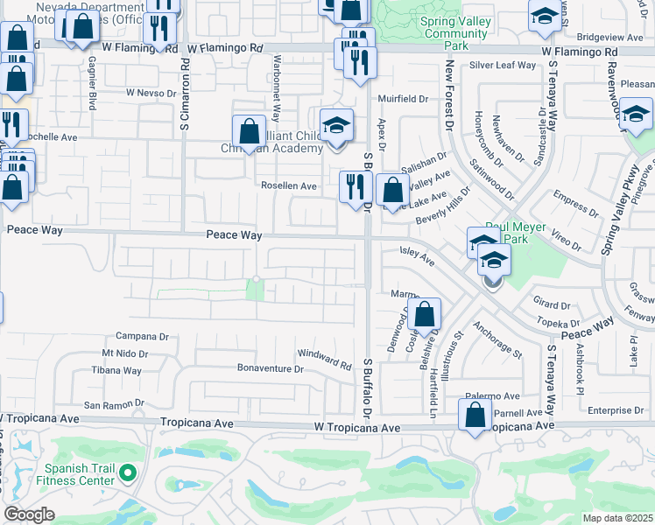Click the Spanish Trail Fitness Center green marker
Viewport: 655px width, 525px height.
[128, 473]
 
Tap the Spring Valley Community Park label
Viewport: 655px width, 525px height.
[454, 34]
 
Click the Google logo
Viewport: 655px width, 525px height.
[28, 514]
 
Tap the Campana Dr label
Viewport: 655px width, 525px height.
[142, 336]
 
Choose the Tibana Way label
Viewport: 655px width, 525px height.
[116, 370]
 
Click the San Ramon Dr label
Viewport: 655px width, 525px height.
[113, 404]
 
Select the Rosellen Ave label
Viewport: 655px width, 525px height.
[289, 185]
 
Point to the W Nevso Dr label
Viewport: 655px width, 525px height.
[151, 92]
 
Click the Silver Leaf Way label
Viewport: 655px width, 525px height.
[502, 65]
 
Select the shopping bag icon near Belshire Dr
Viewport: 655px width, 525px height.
[424, 315]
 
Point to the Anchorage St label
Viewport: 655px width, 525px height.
[497, 340]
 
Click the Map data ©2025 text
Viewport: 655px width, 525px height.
[618, 518]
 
